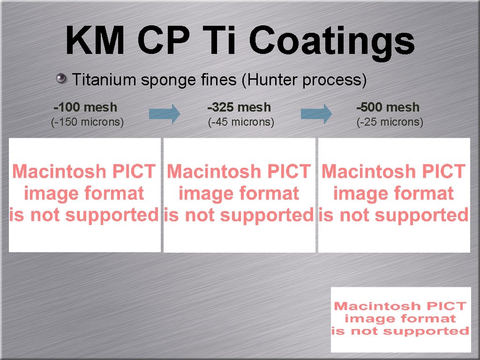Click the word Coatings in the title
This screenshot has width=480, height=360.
coord(332,41)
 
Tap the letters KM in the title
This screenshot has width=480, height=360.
coord(95,40)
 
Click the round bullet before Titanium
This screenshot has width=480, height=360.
coord(61,78)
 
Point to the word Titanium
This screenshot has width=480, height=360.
coord(104,80)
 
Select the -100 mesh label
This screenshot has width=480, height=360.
coord(85,107)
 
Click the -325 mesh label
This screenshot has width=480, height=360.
coord(239,107)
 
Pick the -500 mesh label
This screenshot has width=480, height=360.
coord(388,107)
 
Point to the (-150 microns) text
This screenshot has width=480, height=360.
coord(87,122)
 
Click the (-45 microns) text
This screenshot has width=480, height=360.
coord(241,122)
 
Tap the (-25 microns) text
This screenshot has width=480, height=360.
coord(390,122)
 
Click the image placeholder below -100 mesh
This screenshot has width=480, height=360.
coord(84,195)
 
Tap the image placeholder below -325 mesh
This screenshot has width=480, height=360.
coord(239,195)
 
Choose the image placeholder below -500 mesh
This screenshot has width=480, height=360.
coord(394,195)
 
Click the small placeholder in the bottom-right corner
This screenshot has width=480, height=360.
coord(401,319)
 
